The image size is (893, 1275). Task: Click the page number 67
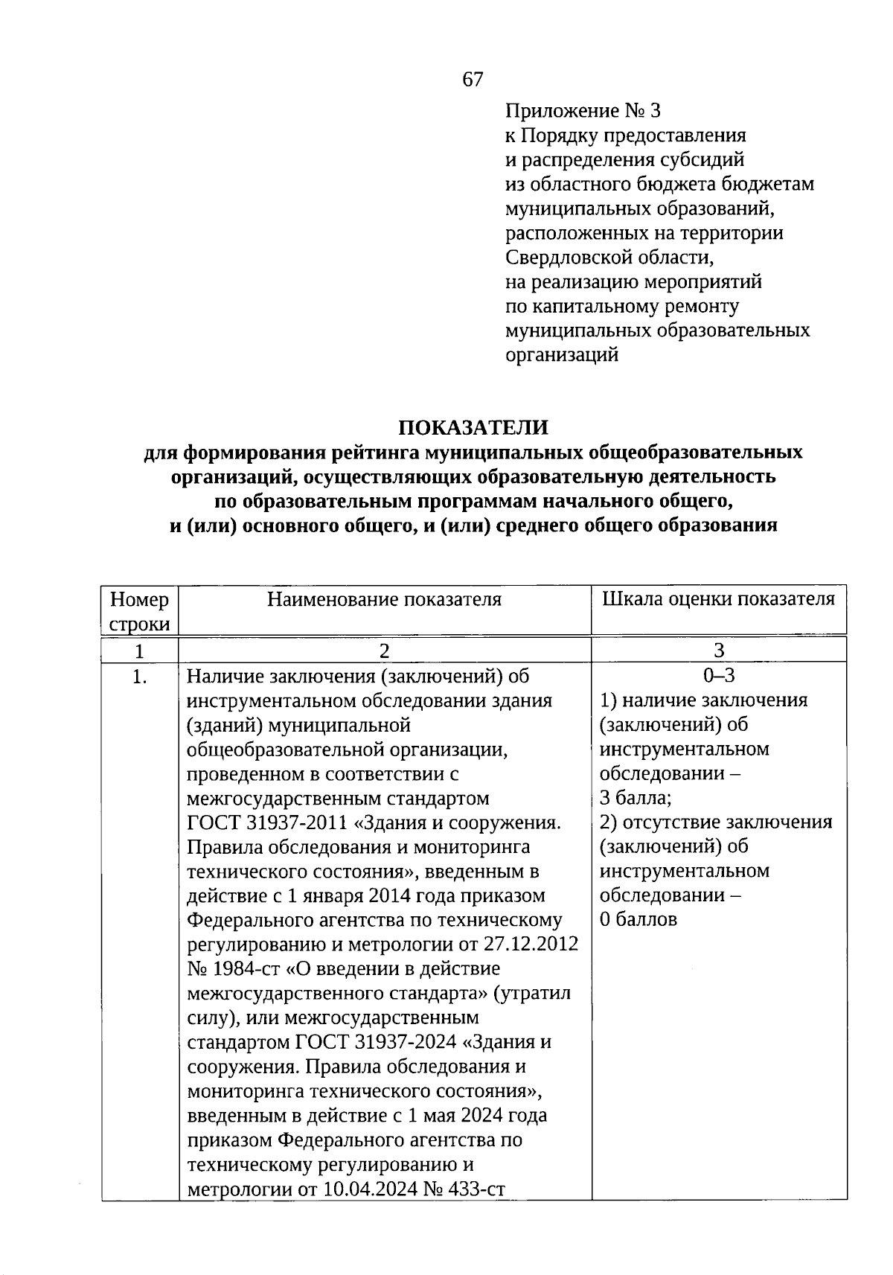coord(473,80)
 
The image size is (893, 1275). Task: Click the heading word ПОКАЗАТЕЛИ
coord(473,427)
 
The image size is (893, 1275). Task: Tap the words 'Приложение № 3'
coord(583,111)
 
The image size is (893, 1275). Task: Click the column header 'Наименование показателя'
coord(384,599)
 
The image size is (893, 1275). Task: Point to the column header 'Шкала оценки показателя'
coord(718,599)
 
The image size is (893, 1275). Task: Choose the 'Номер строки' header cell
coord(139,611)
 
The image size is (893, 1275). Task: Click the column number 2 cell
coord(384,651)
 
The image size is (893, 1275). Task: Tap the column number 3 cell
coord(719,651)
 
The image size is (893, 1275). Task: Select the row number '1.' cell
coord(139,677)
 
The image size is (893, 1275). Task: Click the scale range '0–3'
coord(719,675)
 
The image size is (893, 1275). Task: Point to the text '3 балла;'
coord(636,798)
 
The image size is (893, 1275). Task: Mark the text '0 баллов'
coord(638,919)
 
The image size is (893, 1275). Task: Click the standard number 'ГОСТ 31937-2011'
coord(267,823)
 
